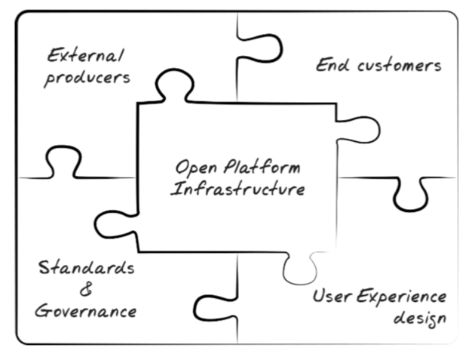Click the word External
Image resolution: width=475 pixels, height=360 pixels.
point(85,56)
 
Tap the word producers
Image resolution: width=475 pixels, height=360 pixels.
point(87,78)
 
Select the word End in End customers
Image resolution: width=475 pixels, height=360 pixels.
point(329,65)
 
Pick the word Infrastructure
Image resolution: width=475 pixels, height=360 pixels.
point(237,189)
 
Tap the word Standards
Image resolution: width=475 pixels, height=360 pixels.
point(87,267)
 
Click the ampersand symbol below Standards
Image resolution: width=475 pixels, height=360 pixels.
point(85,290)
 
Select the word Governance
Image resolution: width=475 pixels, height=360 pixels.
point(87,312)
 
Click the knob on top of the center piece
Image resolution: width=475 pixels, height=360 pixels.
point(173,85)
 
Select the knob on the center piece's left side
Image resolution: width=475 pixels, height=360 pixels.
point(113,225)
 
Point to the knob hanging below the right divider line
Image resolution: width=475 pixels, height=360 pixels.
point(411,195)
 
